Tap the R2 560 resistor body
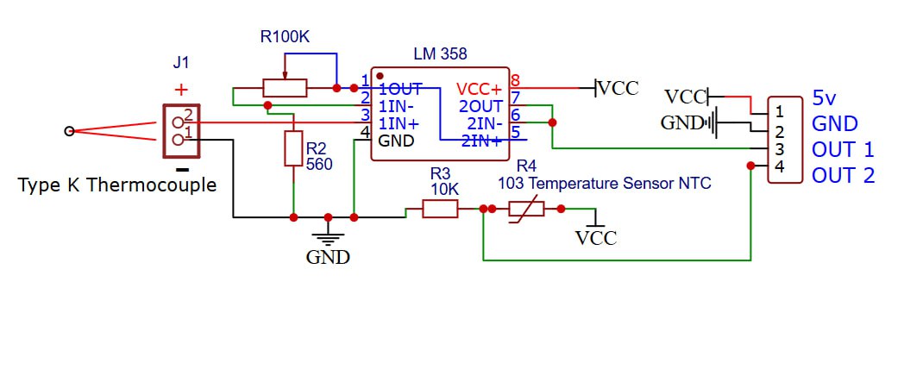(293, 149)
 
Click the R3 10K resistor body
(440, 208)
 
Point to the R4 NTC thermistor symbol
(526, 208)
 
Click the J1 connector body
(180, 130)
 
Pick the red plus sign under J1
(180, 89)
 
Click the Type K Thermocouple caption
(117, 185)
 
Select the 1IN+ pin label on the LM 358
(399, 124)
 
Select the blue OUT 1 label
(843, 149)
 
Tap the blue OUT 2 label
(843, 175)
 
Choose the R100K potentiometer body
(285, 88)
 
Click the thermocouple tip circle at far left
(69, 131)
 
